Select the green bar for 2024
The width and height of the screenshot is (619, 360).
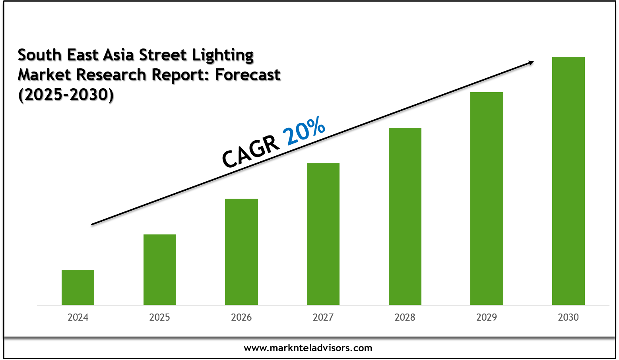tap(78, 287)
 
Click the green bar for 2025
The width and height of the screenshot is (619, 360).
tap(160, 269)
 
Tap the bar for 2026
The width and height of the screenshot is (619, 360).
tap(241, 252)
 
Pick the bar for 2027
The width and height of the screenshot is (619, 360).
tap(323, 234)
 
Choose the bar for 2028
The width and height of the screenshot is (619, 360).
tap(405, 216)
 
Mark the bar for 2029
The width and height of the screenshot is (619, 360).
tap(487, 198)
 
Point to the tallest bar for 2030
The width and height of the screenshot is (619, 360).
tap(569, 181)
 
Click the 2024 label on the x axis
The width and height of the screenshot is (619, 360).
tap(78, 317)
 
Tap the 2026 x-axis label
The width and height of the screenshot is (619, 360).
tap(241, 317)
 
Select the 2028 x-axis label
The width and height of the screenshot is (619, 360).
tap(405, 317)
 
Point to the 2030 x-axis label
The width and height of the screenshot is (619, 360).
tap(569, 317)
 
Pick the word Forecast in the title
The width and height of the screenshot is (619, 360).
tap(248, 75)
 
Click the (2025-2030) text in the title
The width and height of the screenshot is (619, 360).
tap(66, 95)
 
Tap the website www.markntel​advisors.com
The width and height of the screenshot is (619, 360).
tap(308, 348)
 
